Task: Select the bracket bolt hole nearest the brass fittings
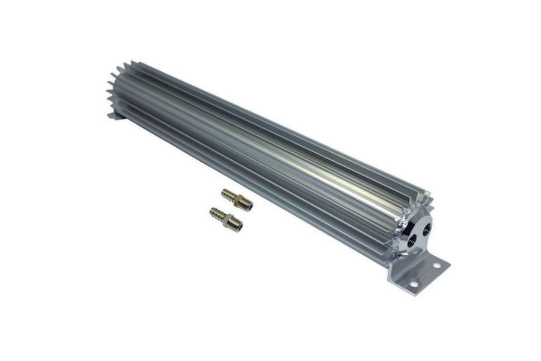tap(413, 284)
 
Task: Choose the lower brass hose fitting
tap(226, 217)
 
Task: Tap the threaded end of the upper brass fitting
tap(248, 206)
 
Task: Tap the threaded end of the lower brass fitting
tap(237, 224)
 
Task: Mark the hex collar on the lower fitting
tap(229, 218)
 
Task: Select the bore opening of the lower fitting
tap(240, 227)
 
